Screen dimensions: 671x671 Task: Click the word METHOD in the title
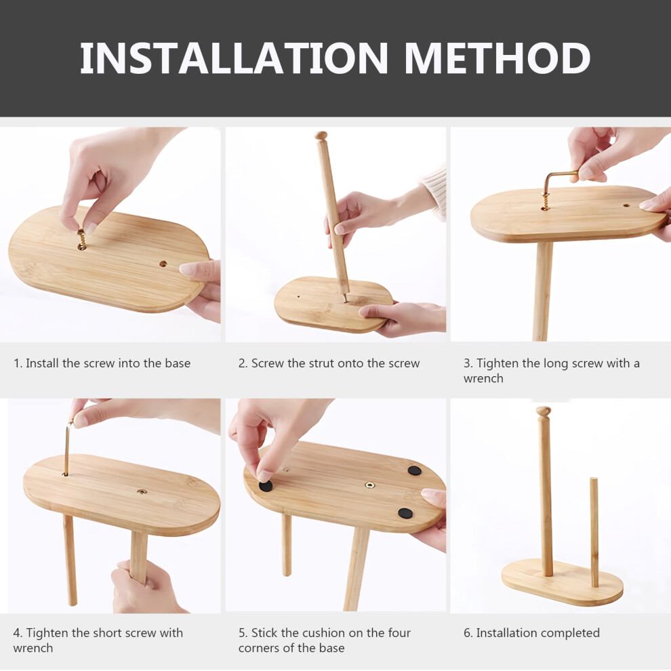click(x=497, y=58)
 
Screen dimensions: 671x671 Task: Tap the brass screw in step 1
click(x=81, y=239)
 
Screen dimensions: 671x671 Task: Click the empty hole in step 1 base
click(x=163, y=264)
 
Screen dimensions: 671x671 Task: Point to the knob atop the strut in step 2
click(x=321, y=136)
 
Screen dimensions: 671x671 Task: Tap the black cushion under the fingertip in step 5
click(x=266, y=486)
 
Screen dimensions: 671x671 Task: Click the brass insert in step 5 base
click(x=370, y=485)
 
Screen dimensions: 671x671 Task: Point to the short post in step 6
click(x=594, y=532)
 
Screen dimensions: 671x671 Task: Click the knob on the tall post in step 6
click(x=544, y=411)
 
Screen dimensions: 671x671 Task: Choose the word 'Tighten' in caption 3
click(x=497, y=363)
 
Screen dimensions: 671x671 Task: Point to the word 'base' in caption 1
click(x=178, y=363)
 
